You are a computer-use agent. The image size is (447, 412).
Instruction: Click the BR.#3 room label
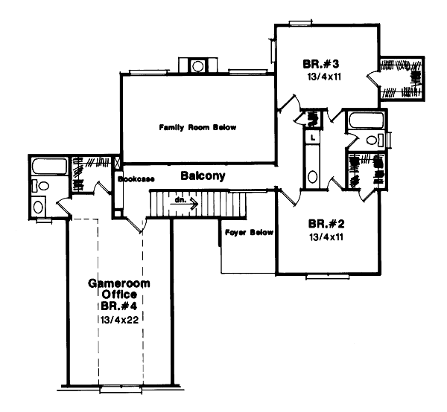(320, 64)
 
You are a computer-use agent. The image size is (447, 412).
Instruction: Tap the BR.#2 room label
(326, 224)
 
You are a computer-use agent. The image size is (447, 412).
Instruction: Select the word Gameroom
(119, 283)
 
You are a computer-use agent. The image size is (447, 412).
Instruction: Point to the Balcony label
(203, 176)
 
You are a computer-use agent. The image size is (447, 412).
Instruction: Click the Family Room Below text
(197, 127)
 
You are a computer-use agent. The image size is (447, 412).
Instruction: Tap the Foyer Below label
(249, 233)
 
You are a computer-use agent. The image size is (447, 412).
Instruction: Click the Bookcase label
(136, 179)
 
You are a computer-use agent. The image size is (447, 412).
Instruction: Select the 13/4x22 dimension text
(119, 320)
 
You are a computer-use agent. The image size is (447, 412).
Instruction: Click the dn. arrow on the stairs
(184, 203)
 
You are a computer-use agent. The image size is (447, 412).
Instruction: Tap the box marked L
(313, 138)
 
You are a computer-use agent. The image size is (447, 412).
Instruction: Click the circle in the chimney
(197, 67)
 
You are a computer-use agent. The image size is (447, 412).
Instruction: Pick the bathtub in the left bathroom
(50, 166)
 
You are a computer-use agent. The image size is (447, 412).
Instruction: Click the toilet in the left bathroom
(40, 186)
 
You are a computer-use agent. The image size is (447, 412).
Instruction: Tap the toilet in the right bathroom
(375, 140)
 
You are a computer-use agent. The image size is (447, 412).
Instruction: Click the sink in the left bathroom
(38, 207)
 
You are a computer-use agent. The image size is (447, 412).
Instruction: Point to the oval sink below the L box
(313, 176)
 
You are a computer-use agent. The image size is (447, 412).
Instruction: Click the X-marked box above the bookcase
(117, 163)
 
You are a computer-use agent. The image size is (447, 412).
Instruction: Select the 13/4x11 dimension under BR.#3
(324, 77)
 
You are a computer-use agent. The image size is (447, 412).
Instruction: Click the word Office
(119, 294)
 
